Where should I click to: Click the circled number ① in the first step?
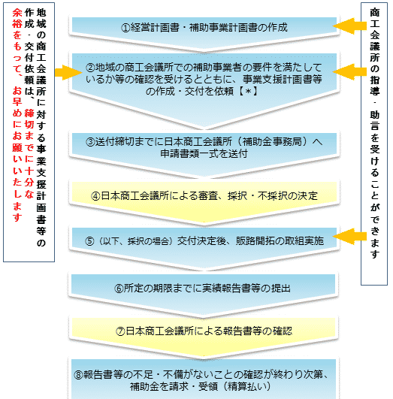point(125,28)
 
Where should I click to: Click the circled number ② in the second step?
point(90,68)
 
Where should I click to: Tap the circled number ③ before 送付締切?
point(90,142)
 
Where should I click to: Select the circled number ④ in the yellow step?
point(95,196)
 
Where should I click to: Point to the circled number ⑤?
point(89,241)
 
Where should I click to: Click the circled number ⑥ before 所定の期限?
point(119,289)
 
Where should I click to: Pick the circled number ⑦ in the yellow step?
point(120,331)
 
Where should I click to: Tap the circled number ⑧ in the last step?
point(79,375)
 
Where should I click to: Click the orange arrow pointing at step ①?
point(349,26)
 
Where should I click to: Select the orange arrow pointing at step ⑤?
point(349,237)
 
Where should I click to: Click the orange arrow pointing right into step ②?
point(68,73)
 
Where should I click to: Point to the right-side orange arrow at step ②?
point(349,71)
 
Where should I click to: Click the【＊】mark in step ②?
point(248,91)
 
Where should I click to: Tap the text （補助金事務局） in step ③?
point(272,142)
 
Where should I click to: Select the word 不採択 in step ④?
point(272,196)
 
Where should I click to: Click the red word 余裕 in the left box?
point(17,18)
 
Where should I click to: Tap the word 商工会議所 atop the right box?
point(374,35)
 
